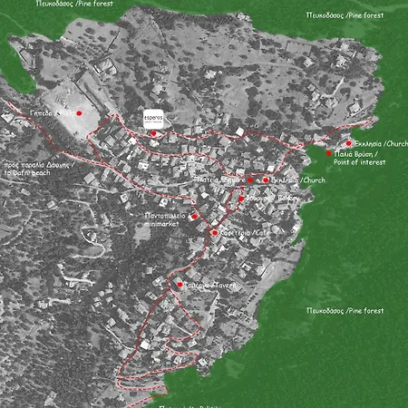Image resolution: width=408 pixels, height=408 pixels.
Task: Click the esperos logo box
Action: (155, 120)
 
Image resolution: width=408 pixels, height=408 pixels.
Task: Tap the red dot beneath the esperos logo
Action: (153, 133)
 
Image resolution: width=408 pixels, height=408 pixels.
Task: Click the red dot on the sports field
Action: (79, 113)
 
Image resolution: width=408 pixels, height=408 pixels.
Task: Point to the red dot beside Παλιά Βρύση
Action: (329, 153)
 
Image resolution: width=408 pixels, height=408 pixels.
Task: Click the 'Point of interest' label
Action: (360, 162)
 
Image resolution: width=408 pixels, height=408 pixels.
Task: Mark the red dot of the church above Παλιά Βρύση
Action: (349, 143)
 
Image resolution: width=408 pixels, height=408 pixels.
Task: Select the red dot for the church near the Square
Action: (266, 180)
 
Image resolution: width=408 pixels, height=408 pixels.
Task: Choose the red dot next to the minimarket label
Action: (193, 216)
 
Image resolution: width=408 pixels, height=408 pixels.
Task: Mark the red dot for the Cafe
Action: (214, 233)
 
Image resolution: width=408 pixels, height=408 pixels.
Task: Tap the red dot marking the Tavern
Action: (180, 285)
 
